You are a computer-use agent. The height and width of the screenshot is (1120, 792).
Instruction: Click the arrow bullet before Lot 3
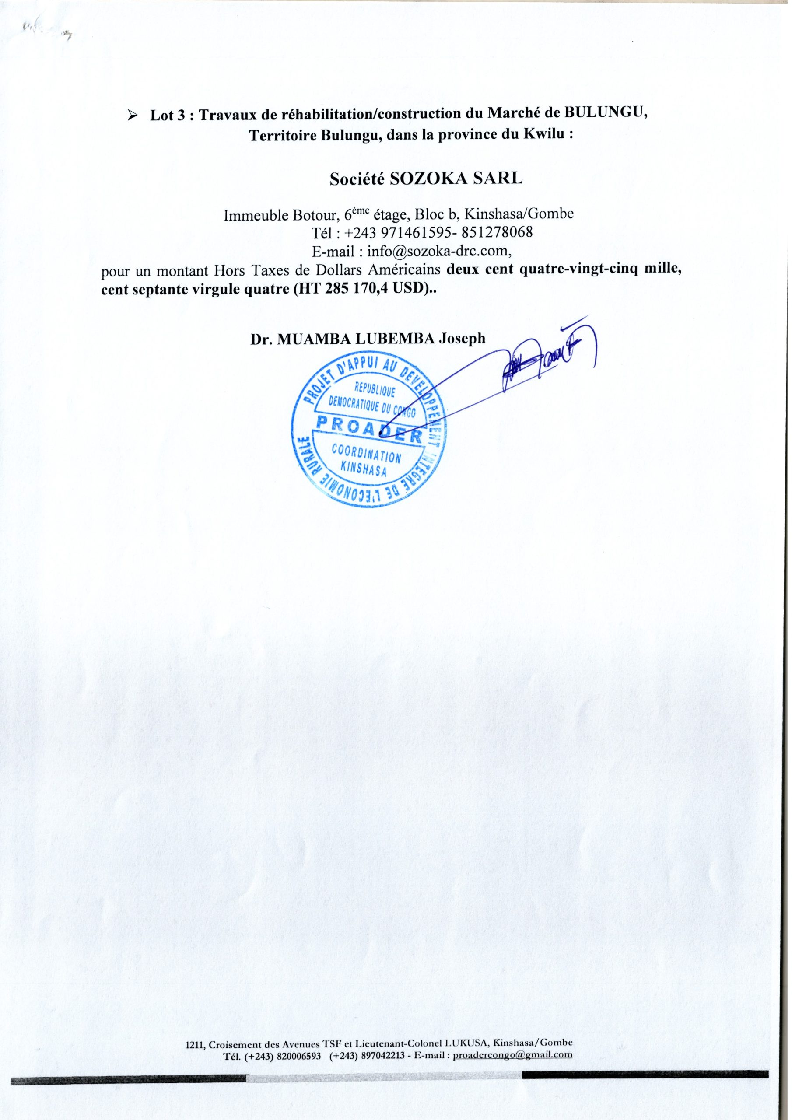coord(131,116)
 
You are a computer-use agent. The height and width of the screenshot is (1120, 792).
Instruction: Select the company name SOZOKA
coord(428,178)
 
